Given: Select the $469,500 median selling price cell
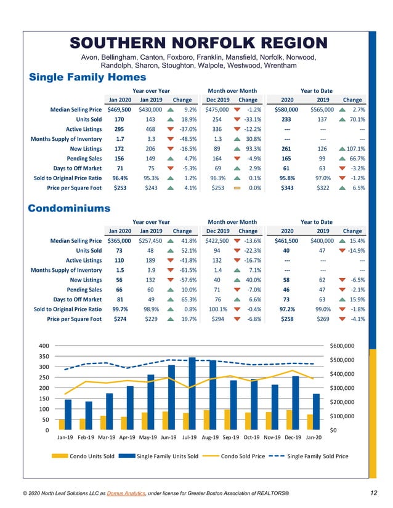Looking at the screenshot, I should pyautogui.click(x=119, y=109).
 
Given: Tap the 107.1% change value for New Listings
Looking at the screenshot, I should pyautogui.click(x=355, y=148).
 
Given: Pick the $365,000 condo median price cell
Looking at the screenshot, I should pyautogui.click(x=119, y=240).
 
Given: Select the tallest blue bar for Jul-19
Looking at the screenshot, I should pyautogui.click(x=192, y=393).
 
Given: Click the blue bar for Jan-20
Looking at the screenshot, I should pyautogui.click(x=316, y=411).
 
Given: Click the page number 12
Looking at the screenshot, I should pyautogui.click(x=374, y=493).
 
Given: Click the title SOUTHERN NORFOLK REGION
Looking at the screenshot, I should pyautogui.click(x=198, y=42).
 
